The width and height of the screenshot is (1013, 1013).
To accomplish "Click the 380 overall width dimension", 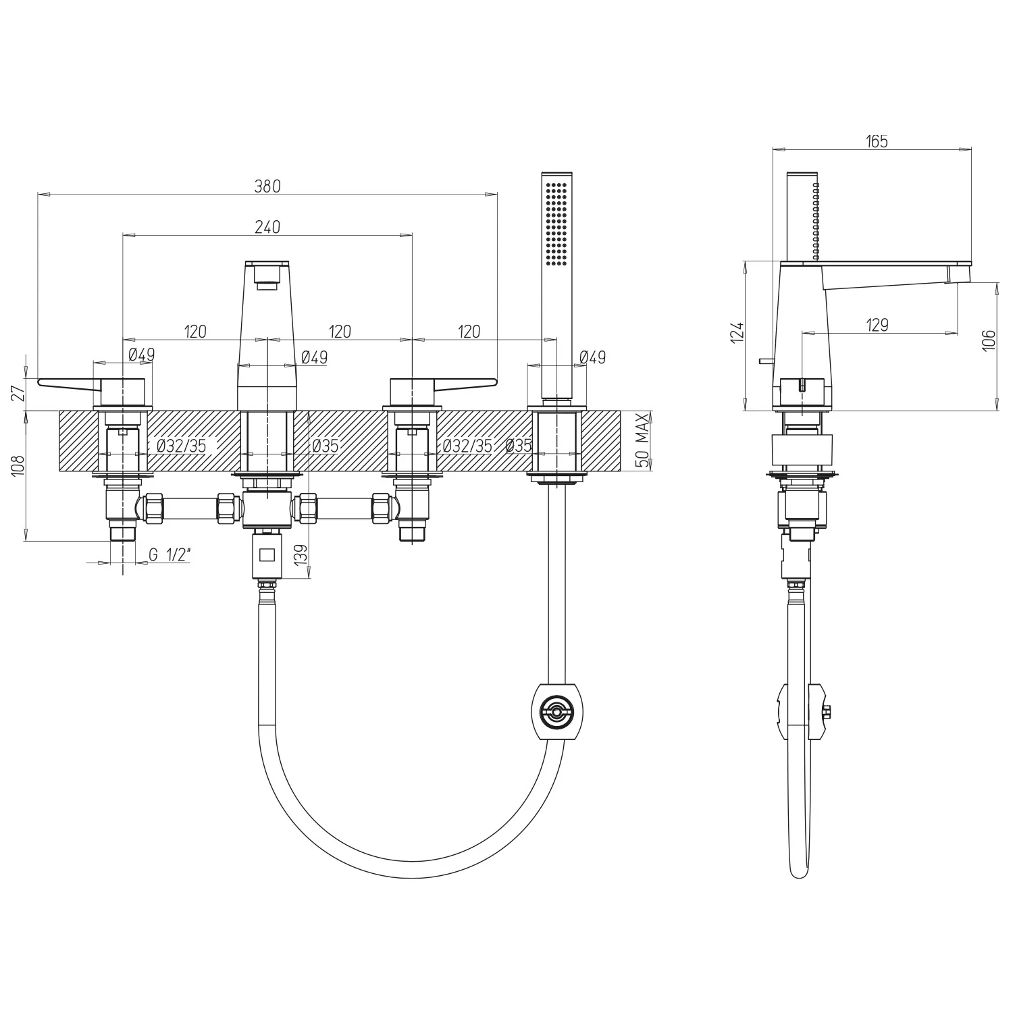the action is pos(267,186).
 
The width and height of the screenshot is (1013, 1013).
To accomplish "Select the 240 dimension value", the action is pos(267,227).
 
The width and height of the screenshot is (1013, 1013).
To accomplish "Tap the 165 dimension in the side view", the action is pos(877,141).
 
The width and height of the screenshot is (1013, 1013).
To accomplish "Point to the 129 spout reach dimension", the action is pos(877,325).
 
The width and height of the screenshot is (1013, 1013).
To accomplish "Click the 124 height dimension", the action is pos(738,334).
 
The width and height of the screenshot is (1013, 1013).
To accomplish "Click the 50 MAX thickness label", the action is pos(644,440).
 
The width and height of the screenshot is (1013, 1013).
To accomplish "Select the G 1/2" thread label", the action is pos(170,555).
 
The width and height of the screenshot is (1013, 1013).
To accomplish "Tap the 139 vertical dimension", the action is pos(301,556).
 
